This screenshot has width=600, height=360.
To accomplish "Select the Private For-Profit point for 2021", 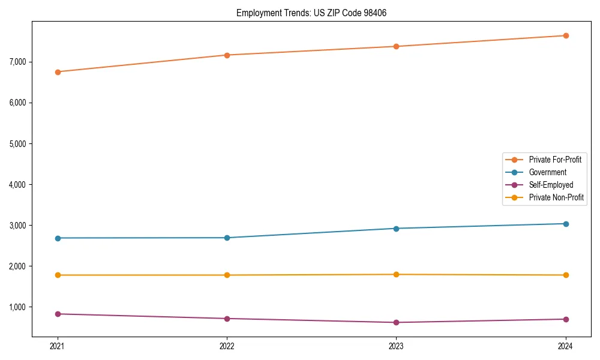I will click(x=58, y=72).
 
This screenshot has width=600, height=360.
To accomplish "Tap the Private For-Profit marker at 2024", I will click(x=566, y=35).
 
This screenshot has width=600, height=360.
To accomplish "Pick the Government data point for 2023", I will click(x=396, y=229).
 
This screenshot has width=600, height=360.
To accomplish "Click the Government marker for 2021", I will click(x=58, y=238).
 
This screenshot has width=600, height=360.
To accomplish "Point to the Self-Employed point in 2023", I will click(x=396, y=323).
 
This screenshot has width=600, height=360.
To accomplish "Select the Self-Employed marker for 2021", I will click(x=58, y=314).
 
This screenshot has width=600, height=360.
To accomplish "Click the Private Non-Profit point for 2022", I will click(x=227, y=275).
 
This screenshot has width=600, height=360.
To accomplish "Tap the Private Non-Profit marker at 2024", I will click(x=566, y=275).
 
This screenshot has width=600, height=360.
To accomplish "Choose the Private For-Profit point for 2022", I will click(x=227, y=55).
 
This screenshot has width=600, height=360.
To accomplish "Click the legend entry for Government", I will click(x=547, y=172).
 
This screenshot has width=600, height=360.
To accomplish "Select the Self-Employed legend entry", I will click(x=551, y=185).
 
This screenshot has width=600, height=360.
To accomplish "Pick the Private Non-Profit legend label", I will click(x=556, y=197).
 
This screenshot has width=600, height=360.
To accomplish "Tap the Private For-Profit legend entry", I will click(x=555, y=160).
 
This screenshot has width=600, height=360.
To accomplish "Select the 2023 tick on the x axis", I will click(x=396, y=346).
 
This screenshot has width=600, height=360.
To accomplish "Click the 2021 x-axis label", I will click(x=58, y=346).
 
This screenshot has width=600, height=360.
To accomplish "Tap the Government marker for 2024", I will click(x=566, y=224).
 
